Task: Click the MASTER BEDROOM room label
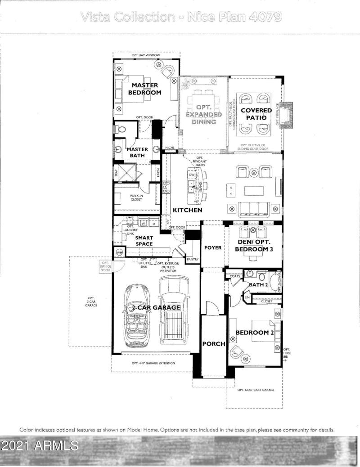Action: pos(144,89)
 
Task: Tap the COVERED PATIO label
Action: pos(256,113)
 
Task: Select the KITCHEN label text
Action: pos(187,210)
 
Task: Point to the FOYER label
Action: pos(212,248)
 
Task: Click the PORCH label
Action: pos(213,344)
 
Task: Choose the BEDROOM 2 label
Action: pos(252,332)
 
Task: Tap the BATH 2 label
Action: pos(258,285)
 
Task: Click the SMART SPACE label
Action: pos(144,241)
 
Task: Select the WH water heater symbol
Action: pos(119,253)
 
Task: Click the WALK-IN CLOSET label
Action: pos(136,198)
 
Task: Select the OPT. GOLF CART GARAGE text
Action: pos(256,390)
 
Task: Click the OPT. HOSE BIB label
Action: pos(287,353)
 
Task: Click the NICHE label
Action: pos(170,148)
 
